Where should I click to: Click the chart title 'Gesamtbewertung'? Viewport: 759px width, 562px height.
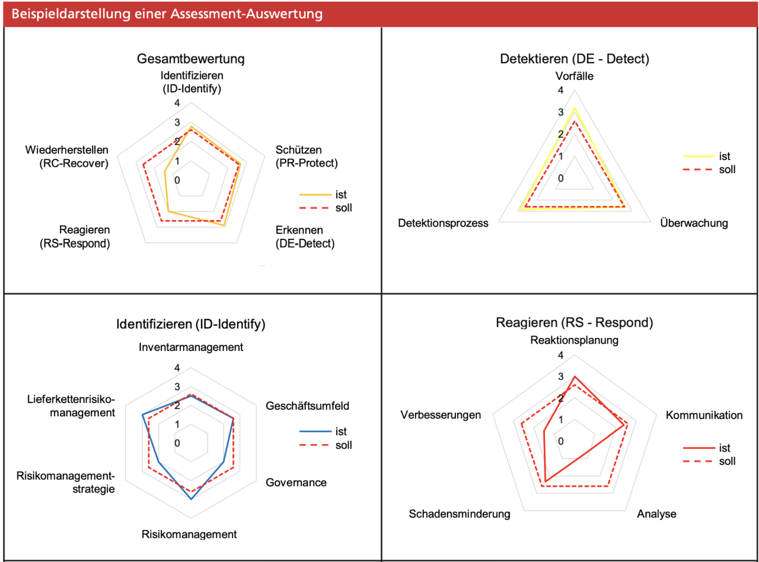click(190, 59)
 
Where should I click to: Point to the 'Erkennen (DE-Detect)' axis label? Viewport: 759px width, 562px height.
click(305, 237)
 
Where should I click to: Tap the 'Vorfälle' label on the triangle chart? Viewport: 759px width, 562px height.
click(574, 76)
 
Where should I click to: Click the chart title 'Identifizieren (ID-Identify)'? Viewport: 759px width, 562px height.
click(190, 324)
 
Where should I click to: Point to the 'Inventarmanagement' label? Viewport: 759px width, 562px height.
click(192, 347)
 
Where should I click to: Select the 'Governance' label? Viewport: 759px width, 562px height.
click(296, 482)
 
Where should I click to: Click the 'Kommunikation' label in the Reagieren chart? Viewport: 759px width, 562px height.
click(704, 415)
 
